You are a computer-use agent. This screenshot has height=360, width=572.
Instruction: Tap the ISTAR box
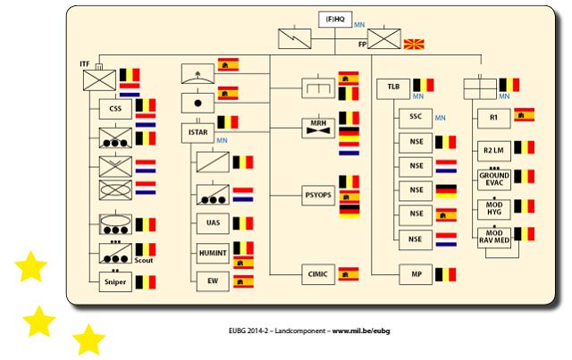[x=198, y=133]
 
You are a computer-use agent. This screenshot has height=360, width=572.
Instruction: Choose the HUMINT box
[x=211, y=253]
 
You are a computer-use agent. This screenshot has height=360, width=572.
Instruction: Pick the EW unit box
[x=211, y=281]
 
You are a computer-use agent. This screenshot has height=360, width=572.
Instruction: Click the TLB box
[x=393, y=88]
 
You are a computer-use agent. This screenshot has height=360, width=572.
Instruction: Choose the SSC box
[x=414, y=117]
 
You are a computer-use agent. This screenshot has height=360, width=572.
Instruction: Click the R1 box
[x=493, y=117]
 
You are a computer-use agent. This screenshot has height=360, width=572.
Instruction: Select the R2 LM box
[x=493, y=147]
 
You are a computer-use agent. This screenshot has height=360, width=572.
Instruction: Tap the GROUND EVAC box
[x=493, y=178]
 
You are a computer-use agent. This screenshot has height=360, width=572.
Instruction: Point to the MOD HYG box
[x=493, y=208]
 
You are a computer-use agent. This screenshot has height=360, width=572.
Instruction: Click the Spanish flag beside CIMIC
[x=349, y=273]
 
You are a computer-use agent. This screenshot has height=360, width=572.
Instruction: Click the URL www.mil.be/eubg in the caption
[x=362, y=331]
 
